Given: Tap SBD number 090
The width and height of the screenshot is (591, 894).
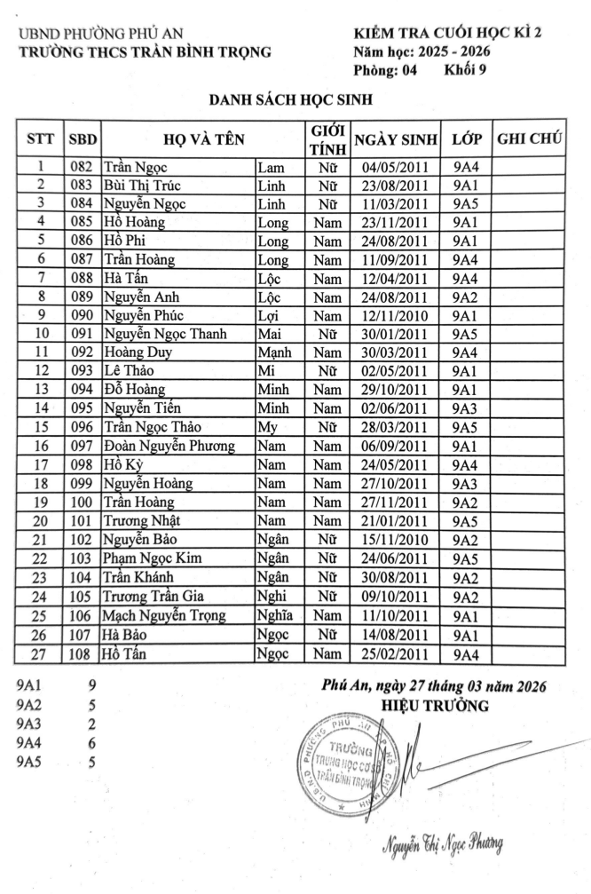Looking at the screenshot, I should tap(83, 315).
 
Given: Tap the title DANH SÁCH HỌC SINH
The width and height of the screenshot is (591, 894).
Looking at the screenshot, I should tap(289, 100).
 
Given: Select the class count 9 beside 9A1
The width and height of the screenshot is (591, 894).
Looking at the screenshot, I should tap(91, 685).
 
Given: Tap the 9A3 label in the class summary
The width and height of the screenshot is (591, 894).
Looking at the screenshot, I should tap(30, 724).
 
